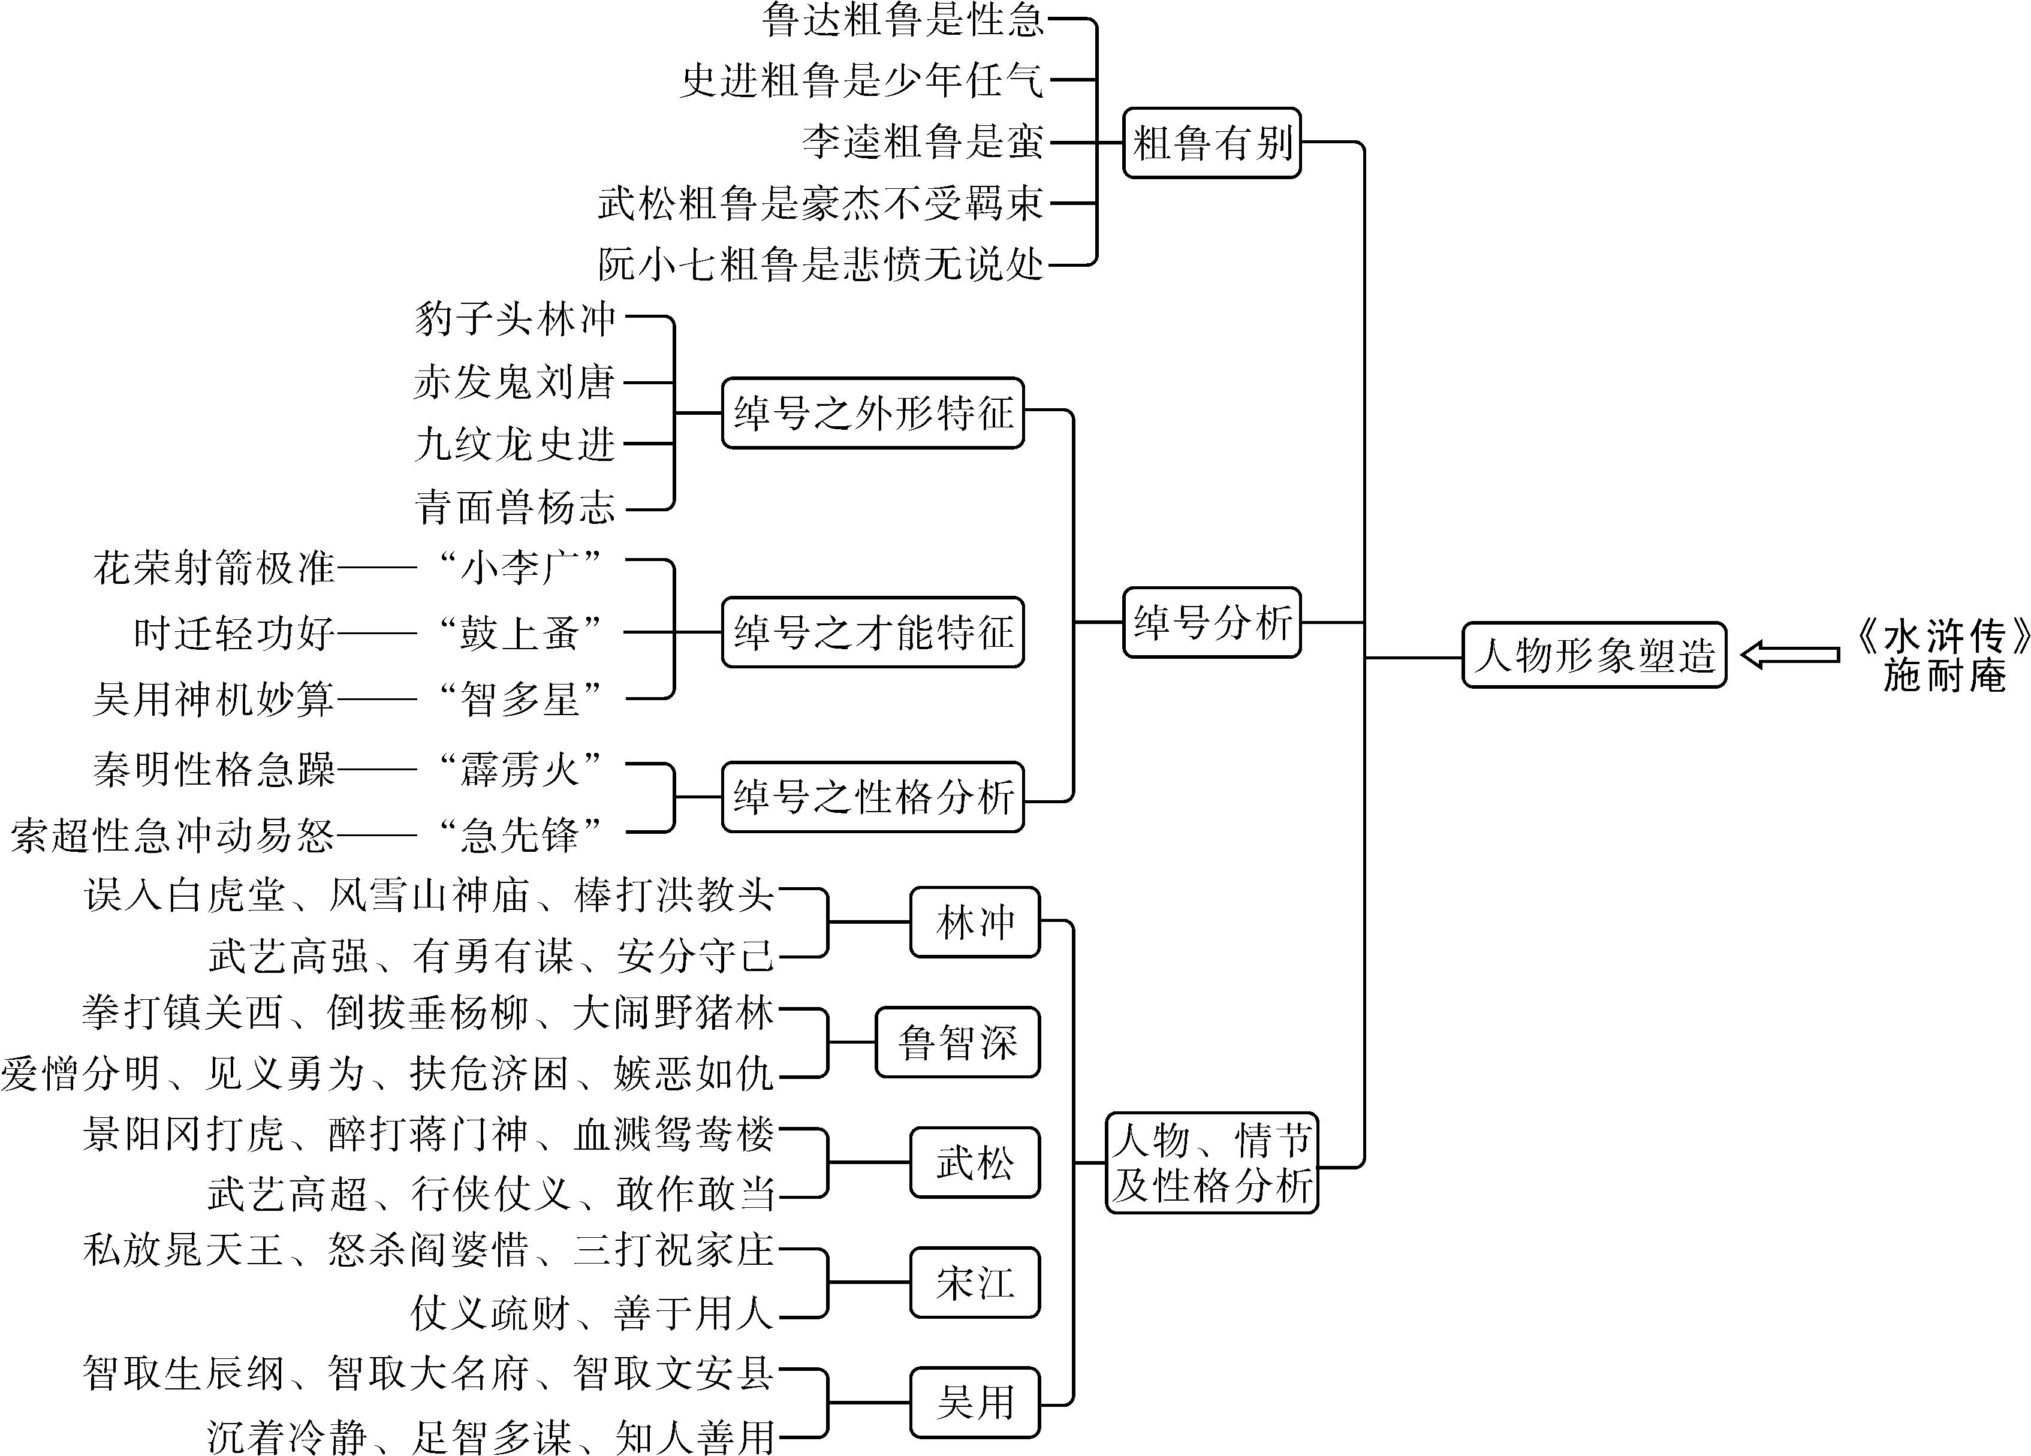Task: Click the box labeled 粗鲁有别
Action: click(x=1212, y=143)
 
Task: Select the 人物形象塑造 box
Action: click(x=1594, y=655)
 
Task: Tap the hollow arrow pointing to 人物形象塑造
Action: click(x=1790, y=655)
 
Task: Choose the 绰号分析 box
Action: click(x=1212, y=622)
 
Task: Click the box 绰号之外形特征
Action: click(x=872, y=413)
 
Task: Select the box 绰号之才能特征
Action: click(x=872, y=632)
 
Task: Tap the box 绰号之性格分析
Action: click(x=872, y=797)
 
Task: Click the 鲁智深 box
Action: click(x=957, y=1042)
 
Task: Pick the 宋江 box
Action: click(x=975, y=1282)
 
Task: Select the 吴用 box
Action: click(x=975, y=1402)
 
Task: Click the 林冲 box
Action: click(x=975, y=923)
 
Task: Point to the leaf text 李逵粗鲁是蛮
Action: click(x=923, y=141)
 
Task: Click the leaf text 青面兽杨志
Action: click(x=515, y=508)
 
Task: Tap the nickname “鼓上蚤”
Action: click(x=519, y=632)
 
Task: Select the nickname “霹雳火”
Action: click(x=519, y=769)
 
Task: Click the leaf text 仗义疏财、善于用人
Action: click(x=592, y=1313)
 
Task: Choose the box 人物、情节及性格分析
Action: click(x=1212, y=1162)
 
